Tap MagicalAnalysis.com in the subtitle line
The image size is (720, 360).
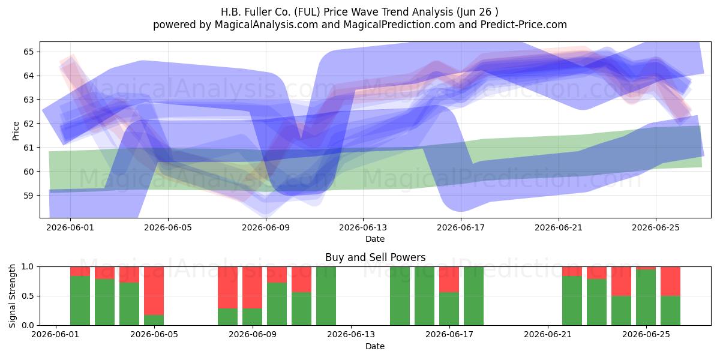click(x=266, y=25)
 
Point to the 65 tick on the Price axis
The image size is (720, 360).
click(x=28, y=52)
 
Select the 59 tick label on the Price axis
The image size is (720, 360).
click(x=28, y=196)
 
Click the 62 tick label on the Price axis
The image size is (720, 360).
click(x=28, y=124)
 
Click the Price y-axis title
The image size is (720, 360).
click(x=16, y=131)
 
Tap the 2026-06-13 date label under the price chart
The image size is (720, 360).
click(x=363, y=227)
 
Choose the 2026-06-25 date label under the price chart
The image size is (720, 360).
click(x=656, y=227)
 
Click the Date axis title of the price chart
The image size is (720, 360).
click(x=375, y=239)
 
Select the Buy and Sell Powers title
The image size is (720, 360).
click(x=375, y=257)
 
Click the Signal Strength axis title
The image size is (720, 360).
click(x=12, y=296)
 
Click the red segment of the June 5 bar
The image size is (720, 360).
click(x=154, y=291)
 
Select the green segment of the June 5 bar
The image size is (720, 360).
click(x=154, y=320)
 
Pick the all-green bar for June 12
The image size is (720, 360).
click(x=326, y=296)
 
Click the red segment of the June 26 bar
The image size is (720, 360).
click(x=671, y=281)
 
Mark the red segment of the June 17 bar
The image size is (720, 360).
click(x=449, y=280)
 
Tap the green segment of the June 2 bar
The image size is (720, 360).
click(x=80, y=301)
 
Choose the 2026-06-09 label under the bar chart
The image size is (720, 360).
click(x=253, y=335)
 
